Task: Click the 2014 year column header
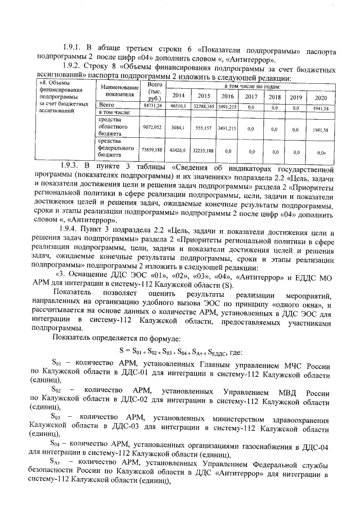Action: [x=178, y=96]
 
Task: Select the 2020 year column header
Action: [x=321, y=97]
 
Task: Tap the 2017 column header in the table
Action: [x=251, y=96]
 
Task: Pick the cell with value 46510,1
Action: [x=178, y=105]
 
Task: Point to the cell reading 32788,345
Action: [x=204, y=105]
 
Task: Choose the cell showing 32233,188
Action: [x=204, y=150]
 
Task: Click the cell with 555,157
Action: [x=204, y=128]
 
